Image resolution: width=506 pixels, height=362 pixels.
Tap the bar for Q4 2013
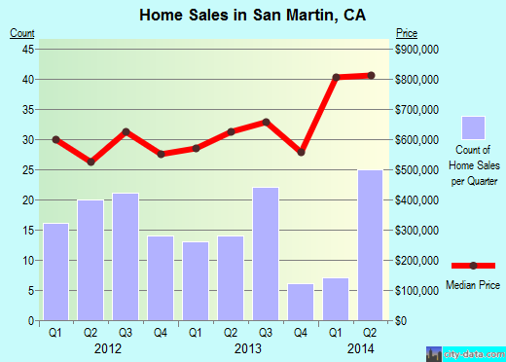point(301,302)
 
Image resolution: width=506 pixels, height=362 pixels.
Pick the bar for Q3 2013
point(266,253)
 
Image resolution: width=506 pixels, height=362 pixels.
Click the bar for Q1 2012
point(56,271)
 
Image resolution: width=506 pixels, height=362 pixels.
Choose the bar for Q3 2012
point(126,257)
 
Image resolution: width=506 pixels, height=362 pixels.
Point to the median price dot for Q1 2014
point(336,77)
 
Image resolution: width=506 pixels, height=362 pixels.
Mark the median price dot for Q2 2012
point(91,162)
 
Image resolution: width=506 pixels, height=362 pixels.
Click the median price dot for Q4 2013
point(301,153)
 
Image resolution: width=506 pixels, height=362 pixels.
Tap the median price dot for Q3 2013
point(266,122)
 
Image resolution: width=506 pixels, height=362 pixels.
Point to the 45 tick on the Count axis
point(29,49)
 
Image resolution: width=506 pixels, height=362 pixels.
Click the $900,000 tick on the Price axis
point(416,49)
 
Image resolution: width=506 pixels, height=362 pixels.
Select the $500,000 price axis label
point(416,170)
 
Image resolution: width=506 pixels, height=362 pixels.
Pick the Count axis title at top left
point(22,33)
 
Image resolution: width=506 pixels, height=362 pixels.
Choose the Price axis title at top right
point(404,33)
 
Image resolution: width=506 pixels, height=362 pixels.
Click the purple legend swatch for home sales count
point(474,127)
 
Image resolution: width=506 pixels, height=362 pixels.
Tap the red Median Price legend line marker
point(474,266)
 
